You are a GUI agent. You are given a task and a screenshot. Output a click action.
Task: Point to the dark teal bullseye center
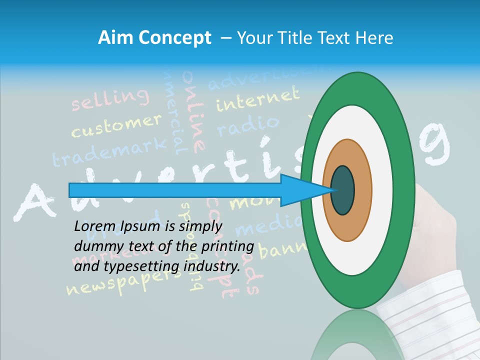pos(342,190)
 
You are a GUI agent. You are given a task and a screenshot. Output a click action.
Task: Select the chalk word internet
pos(257,98)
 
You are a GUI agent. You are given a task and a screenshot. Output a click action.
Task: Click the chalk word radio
pos(247,125)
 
